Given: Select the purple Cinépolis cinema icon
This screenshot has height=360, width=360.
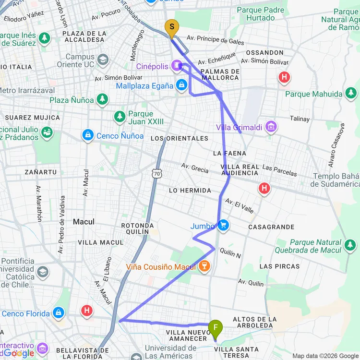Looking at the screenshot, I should (177, 65).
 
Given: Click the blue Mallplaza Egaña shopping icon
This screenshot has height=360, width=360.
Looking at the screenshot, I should (181, 85).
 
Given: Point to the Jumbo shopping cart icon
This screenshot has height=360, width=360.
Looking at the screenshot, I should (223, 225).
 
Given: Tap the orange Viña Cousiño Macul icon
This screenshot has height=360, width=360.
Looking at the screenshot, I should (205, 266).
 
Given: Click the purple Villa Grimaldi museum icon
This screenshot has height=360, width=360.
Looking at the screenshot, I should (271, 127).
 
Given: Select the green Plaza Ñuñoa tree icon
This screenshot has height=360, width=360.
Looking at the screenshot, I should (102, 99).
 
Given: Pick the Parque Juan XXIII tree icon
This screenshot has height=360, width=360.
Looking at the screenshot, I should (120, 116).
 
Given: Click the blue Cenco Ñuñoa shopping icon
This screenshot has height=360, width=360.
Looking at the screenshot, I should (87, 136).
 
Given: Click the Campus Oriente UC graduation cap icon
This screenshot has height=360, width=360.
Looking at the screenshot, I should (102, 60).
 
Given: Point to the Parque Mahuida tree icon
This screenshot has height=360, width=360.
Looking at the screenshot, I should (351, 93).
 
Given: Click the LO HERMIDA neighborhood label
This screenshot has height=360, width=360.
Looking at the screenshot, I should (190, 191).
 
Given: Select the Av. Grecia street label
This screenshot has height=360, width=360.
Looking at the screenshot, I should (195, 168).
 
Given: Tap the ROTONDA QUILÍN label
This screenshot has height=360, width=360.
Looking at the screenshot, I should (137, 228).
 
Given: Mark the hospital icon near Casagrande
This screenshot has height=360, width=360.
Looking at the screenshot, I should (264, 188).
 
